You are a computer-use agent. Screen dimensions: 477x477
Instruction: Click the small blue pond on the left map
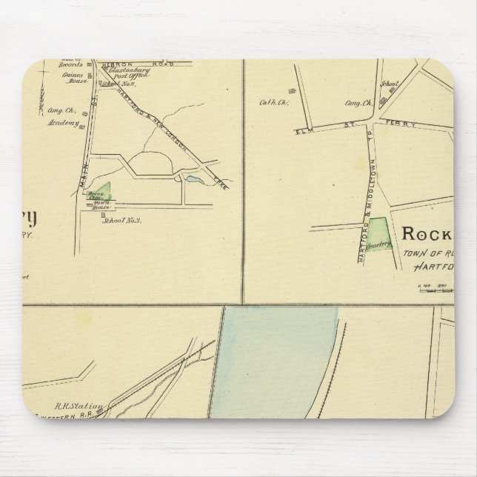click(193, 179)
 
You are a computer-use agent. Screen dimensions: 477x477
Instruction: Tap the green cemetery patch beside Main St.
click(106, 190)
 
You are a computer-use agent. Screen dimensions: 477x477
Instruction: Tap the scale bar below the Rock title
click(437, 287)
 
